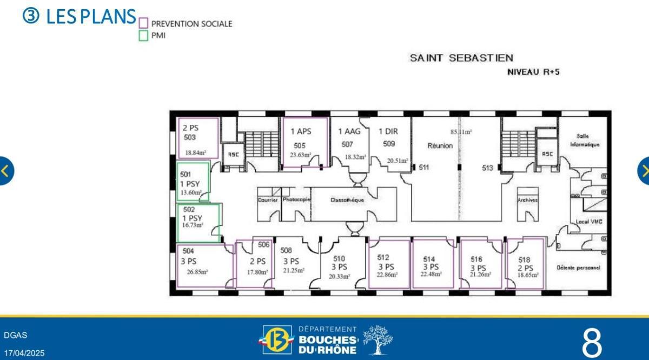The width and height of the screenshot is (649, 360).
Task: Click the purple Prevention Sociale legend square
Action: tap(143, 23)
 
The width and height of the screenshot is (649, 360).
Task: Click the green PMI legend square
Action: tap(143, 36)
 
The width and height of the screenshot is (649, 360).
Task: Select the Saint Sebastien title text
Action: tap(461, 58)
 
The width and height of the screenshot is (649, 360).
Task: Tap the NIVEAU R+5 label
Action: tap(533, 72)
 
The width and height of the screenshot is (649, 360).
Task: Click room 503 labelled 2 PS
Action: tap(197, 138)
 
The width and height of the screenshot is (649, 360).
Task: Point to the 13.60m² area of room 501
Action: tap(191, 192)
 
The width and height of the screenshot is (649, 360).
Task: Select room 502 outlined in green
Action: tap(198, 222)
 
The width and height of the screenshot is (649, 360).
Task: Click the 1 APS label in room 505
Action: tap(301, 131)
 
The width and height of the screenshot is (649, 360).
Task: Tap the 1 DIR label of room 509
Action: tap(388, 131)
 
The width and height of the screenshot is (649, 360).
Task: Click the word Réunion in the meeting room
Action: tap(440, 146)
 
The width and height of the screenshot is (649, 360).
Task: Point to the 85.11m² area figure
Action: tap(461, 131)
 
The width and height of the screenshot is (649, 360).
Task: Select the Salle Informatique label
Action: tap(584, 141)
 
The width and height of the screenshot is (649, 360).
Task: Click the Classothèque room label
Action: tap(347, 200)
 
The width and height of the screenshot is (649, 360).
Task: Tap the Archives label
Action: tap(527, 200)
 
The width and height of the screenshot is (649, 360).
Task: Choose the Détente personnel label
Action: tap(578, 268)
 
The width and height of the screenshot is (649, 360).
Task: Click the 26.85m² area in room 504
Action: tap(197, 272)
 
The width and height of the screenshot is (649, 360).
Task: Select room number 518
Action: tap(524, 259)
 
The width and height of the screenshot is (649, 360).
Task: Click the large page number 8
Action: tap(592, 342)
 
